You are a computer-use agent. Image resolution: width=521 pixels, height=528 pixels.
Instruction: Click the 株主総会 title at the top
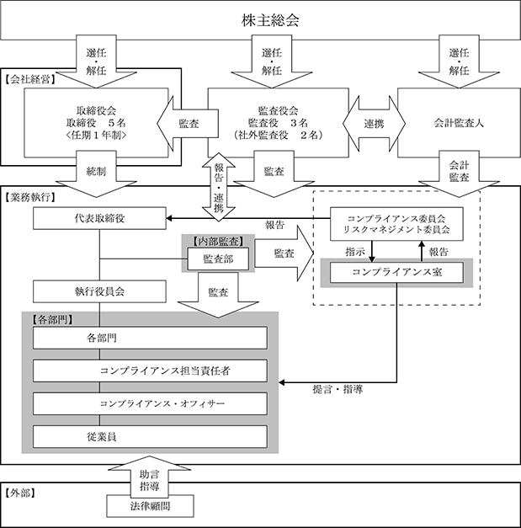pyautogui.click(x=270, y=20)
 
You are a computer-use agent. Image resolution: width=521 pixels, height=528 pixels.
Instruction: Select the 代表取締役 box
pyautogui.click(x=99, y=218)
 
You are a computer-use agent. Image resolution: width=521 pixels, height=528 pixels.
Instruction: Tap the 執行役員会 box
pyautogui.click(x=99, y=291)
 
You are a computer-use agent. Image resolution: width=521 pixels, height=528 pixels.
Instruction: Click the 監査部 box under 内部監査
pyautogui.click(x=218, y=259)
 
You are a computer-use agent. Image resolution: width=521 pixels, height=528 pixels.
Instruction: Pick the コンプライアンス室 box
pyautogui.click(x=396, y=272)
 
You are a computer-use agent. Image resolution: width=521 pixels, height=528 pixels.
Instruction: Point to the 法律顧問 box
pyautogui.click(x=151, y=506)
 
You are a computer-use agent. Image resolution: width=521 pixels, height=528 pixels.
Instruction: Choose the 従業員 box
pyautogui.click(x=150, y=437)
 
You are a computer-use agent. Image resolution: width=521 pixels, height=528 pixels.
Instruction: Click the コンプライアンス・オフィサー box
pyautogui.click(x=150, y=403)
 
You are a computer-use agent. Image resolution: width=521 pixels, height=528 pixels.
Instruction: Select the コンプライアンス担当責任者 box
pyautogui.click(x=150, y=371)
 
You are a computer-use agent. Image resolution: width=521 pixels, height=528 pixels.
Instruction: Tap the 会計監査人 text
pyautogui.click(x=459, y=123)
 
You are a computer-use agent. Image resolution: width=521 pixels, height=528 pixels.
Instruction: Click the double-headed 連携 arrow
pyautogui.click(x=374, y=124)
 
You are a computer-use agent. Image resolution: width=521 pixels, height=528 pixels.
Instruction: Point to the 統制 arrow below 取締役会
pyautogui.click(x=96, y=173)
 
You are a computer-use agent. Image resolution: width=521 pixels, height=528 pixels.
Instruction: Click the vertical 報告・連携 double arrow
pyautogui.click(x=219, y=187)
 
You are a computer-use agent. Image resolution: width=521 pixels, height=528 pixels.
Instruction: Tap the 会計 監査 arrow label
pyautogui.click(x=459, y=171)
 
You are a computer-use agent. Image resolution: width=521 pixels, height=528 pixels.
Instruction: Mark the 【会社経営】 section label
pyautogui.click(x=30, y=79)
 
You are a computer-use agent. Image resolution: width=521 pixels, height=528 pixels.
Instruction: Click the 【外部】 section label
pyautogui.click(x=20, y=493)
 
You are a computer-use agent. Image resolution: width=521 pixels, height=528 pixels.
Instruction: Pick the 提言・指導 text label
pyautogui.click(x=338, y=390)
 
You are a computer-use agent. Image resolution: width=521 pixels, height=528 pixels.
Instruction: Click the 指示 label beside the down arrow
pyautogui.click(x=355, y=252)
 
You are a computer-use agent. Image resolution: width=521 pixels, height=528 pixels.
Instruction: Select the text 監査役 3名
pyautogui.click(x=278, y=123)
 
